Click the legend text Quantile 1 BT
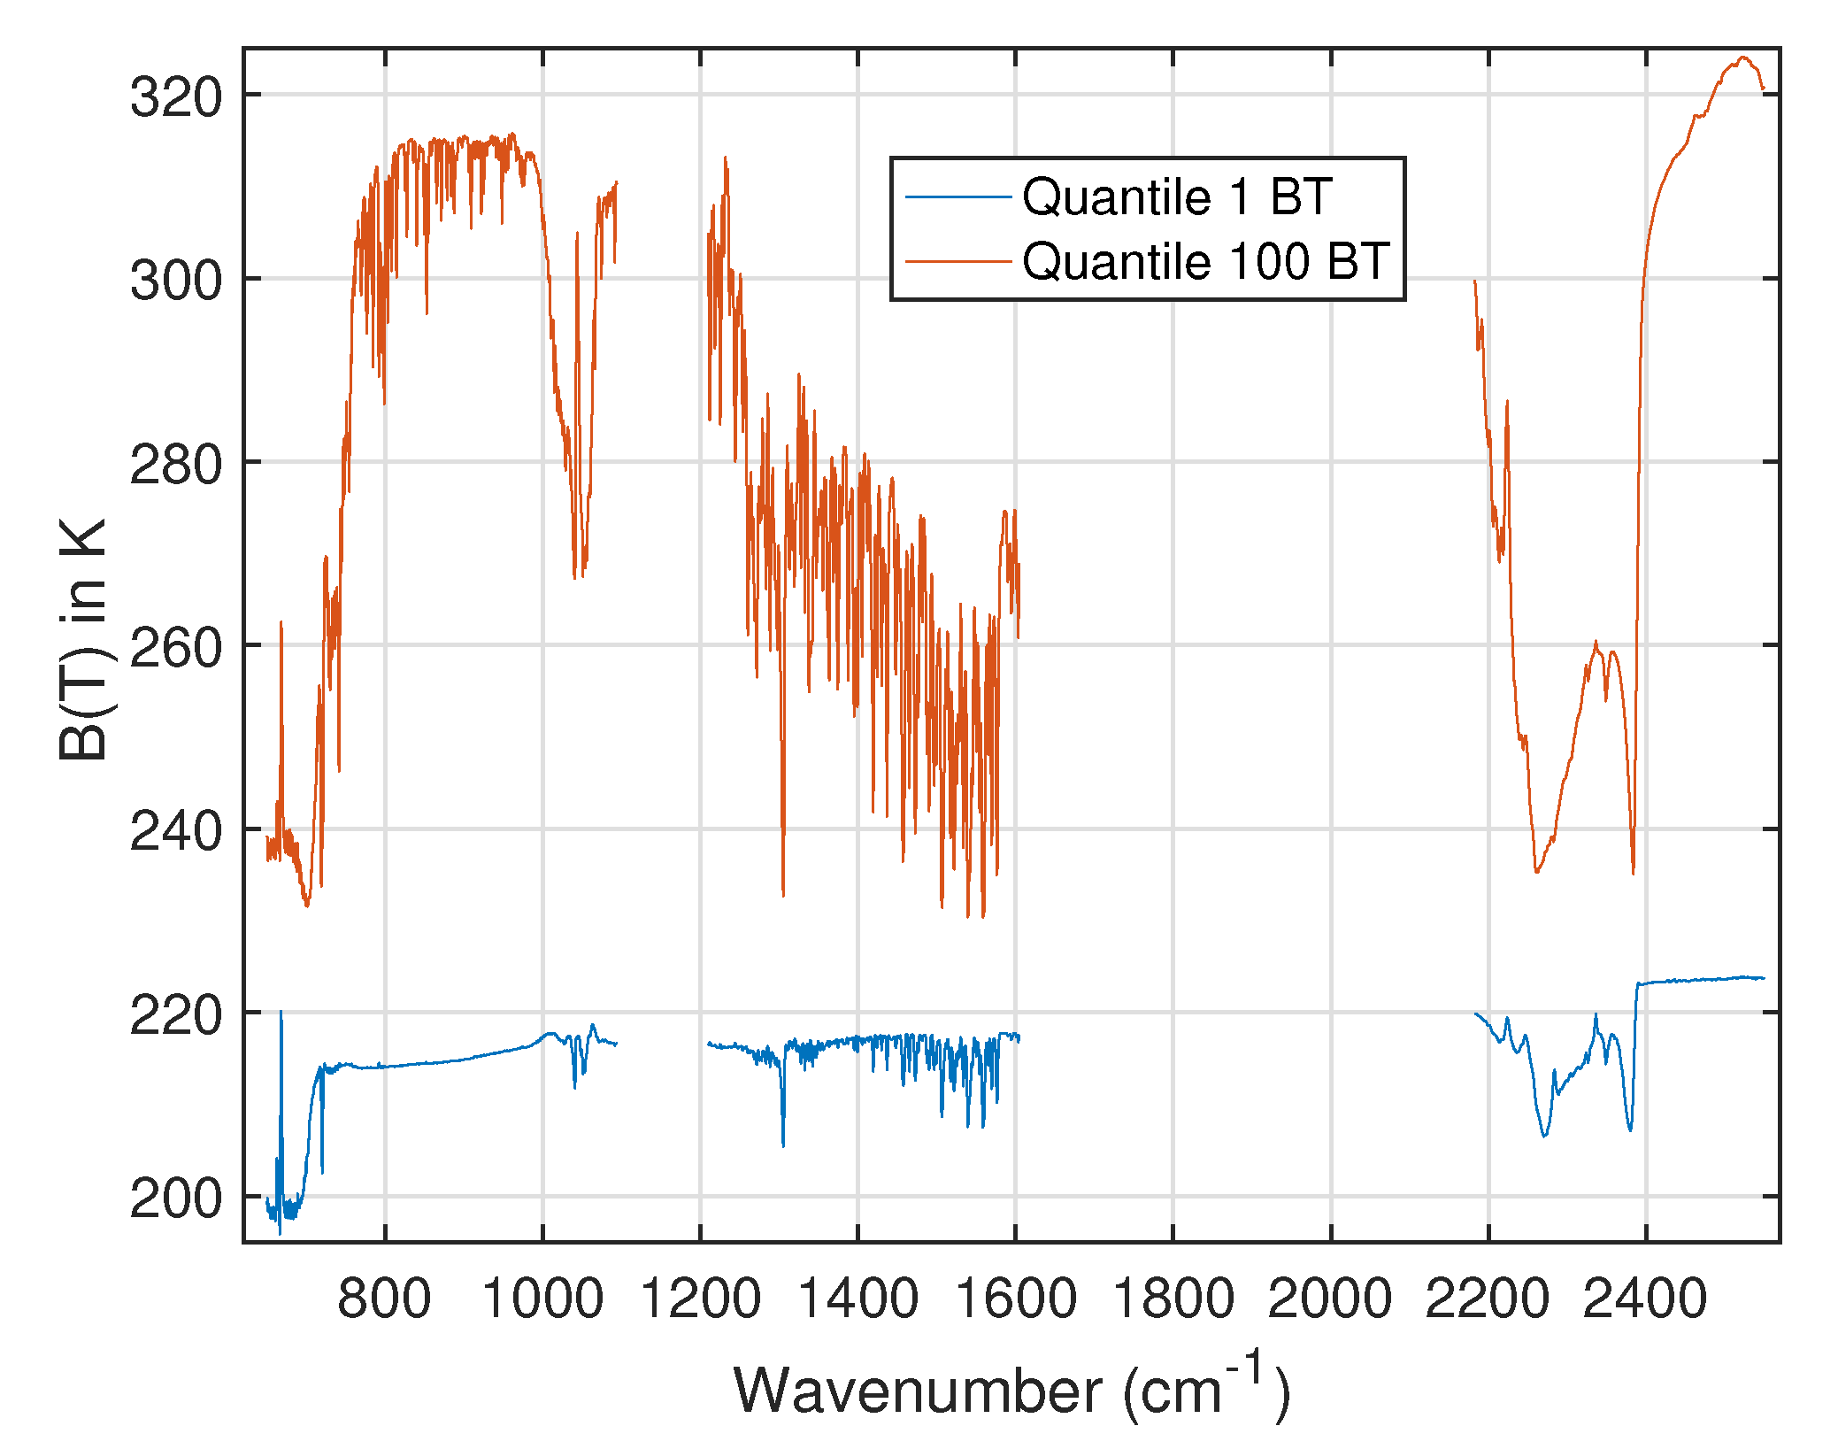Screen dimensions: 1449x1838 (1176, 196)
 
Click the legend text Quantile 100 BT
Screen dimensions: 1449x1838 (1205, 261)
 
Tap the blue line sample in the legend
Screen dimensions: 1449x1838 (957, 196)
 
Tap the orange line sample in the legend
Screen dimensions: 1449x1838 (957, 261)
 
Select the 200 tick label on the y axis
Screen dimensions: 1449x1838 (176, 1199)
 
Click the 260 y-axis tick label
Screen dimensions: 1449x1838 (176, 648)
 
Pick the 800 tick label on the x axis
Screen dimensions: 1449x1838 (384, 1299)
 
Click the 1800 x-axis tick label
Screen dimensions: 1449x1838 (1173, 1299)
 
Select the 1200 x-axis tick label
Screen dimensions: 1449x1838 (700, 1299)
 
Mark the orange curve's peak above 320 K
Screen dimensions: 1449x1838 (1742, 58)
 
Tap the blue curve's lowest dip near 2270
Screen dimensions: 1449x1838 (1544, 1135)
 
